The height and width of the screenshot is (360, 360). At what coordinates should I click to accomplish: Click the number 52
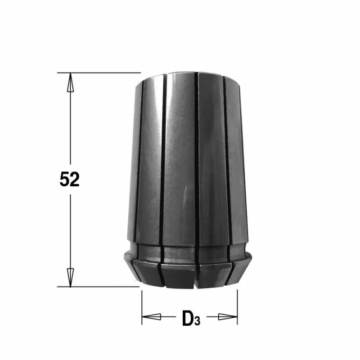point(69,180)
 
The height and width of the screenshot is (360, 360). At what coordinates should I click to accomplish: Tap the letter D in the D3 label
point(188,319)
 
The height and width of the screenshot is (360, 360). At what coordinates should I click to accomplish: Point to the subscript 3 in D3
point(197,321)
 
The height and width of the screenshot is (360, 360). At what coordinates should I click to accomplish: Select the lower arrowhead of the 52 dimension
point(70,277)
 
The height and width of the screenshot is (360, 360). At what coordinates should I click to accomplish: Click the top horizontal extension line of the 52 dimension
point(99,72)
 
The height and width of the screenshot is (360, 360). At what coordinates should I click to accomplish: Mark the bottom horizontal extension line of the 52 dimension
point(99,286)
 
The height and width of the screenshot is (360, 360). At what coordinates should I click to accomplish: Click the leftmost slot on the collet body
point(138,157)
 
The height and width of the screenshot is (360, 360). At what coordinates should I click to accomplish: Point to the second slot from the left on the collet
point(162,157)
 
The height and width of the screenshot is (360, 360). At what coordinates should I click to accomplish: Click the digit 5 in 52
point(64,180)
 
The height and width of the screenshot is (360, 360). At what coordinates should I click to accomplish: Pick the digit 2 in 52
point(75,180)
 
